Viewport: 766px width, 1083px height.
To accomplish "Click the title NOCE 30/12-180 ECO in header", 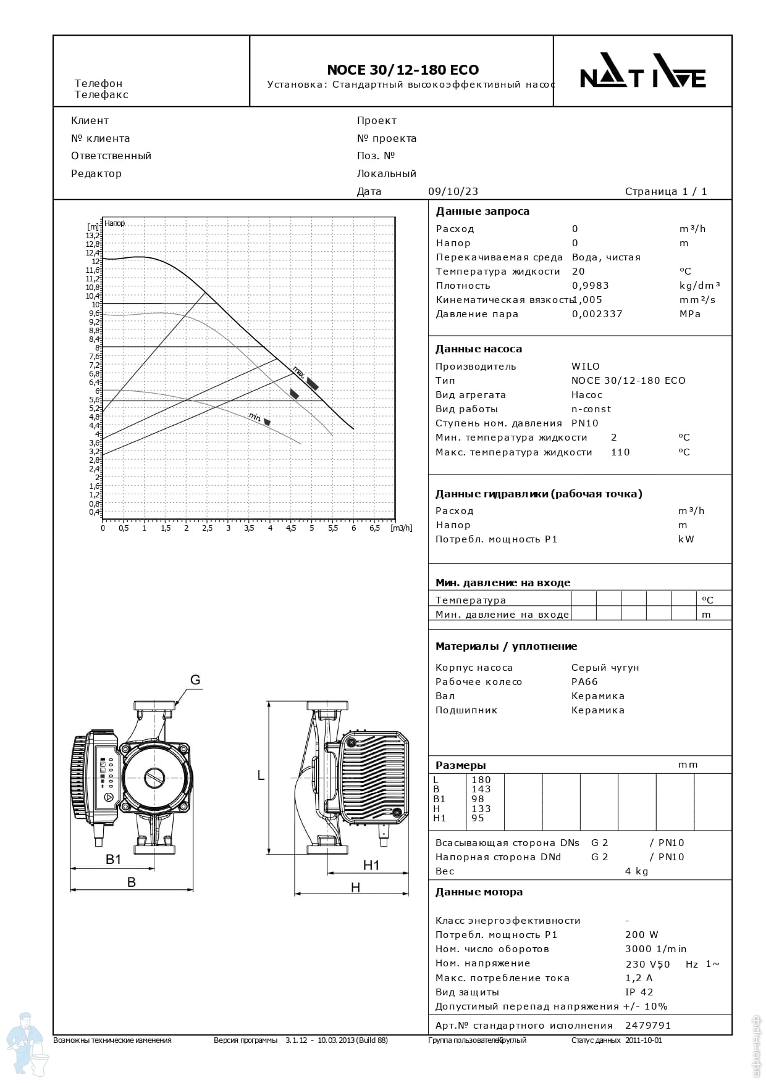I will tap(402, 70).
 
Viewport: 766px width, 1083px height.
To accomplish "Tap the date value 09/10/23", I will tap(453, 191).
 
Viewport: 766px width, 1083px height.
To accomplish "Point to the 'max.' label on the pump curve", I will tap(299, 371).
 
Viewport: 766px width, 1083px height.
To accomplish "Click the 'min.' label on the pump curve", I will tap(255, 417).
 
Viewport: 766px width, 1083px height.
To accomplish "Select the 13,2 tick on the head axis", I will tap(93, 235).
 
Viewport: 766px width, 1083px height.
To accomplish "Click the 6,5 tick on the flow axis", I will tap(374, 528).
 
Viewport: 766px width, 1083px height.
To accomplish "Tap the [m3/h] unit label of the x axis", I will tap(402, 528).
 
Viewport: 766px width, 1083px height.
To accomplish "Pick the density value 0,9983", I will tap(591, 286).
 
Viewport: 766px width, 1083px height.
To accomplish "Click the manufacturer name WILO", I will tap(586, 367).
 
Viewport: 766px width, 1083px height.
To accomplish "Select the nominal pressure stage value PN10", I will tap(585, 423).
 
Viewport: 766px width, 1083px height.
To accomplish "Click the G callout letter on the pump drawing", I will tap(195, 680).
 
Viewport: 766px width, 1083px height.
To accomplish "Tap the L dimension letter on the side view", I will tap(261, 776).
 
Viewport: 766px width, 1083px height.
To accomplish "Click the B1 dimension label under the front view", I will tap(114, 859).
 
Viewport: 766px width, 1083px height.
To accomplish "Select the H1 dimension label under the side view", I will tap(371, 866).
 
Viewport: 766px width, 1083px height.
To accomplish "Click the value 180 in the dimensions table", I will tap(481, 780).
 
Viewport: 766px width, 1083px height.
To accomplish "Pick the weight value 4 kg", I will tap(636, 871).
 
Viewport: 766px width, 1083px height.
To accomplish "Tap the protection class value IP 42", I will tap(639, 992).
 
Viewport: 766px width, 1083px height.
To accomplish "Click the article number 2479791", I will tap(648, 1026).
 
